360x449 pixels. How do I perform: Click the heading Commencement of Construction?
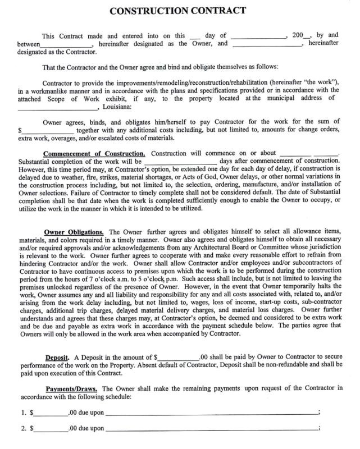(94, 153)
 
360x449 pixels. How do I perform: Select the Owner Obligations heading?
(74, 232)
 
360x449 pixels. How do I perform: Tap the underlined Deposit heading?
(58, 357)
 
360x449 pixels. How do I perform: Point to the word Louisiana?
(116, 106)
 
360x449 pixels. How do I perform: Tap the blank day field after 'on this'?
(195, 36)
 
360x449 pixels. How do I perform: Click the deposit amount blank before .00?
(178, 358)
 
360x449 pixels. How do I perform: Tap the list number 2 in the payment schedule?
(24, 428)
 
